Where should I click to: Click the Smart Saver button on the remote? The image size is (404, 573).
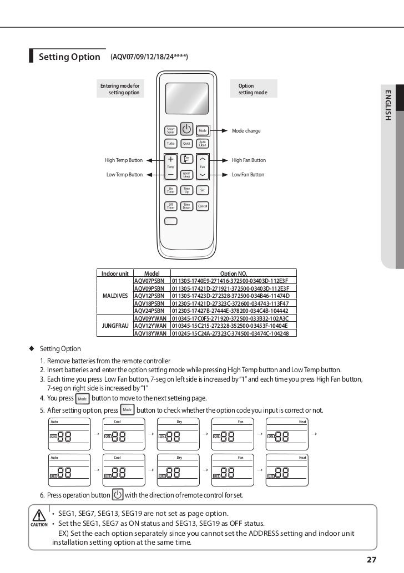171,131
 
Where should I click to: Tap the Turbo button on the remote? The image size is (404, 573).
171,143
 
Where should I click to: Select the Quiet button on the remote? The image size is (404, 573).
186,143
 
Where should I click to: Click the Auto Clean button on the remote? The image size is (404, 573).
203,143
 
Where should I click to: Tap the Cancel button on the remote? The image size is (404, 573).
203,206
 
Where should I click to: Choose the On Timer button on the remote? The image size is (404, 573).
171,190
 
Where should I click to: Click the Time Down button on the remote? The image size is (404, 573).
187,206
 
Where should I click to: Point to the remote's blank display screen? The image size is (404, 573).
186,98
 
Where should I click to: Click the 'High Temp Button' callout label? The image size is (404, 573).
124,160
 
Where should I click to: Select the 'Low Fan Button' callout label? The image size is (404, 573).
248,175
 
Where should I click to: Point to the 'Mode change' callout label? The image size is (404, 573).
246,131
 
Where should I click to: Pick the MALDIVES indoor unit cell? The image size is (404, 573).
115,296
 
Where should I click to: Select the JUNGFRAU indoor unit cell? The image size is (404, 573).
115,325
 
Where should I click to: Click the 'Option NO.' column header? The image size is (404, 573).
234,273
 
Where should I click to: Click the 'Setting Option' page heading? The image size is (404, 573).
69,57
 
